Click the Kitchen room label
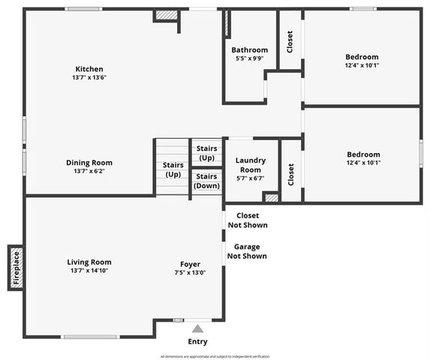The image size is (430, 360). click(x=89, y=69)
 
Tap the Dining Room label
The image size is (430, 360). click(x=89, y=162)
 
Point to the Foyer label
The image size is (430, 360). click(x=190, y=263)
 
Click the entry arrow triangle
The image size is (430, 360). click(x=197, y=328)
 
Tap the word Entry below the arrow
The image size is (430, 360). click(x=197, y=342)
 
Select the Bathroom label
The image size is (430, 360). click(x=249, y=50)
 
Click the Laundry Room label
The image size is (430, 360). click(x=251, y=165)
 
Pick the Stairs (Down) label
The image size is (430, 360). click(x=207, y=181)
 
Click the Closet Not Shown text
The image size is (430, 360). click(x=247, y=220)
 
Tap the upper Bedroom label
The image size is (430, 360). click(x=362, y=57)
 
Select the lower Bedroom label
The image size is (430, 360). click(x=362, y=154)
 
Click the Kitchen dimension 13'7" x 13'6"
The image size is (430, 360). click(x=89, y=78)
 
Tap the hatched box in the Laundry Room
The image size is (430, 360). click(x=271, y=197)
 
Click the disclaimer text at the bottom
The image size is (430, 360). click(x=215, y=356)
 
